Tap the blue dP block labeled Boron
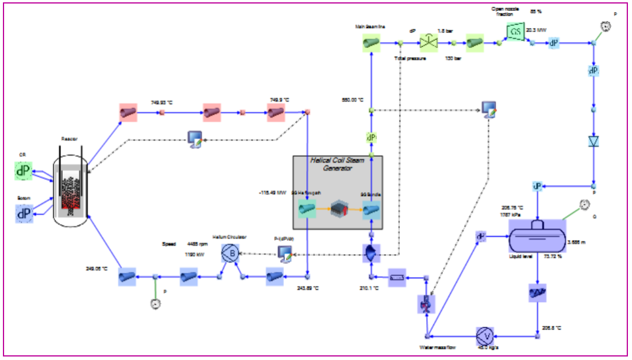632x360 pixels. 24,214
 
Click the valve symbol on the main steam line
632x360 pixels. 430,42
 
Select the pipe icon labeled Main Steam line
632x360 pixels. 370,42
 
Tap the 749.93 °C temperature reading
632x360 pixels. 163,102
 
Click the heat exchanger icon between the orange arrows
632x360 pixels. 339,210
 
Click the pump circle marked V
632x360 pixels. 484,336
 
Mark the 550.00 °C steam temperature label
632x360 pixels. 353,100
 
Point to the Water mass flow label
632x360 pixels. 437,347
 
